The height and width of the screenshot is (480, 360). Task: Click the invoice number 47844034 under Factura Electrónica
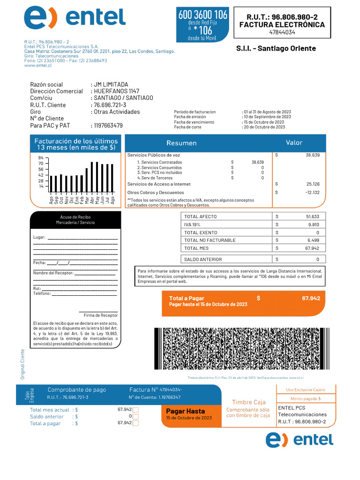(282, 32)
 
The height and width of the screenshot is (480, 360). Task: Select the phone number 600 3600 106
(203, 15)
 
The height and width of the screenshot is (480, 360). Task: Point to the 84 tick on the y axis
(41, 157)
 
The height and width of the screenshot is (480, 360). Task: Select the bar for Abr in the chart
(92, 177)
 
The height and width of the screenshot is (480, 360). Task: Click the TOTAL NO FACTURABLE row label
(210, 240)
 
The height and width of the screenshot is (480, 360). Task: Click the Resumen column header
(181, 143)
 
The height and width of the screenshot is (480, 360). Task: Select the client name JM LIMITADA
(111, 84)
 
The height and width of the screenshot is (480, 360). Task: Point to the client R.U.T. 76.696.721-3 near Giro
(110, 105)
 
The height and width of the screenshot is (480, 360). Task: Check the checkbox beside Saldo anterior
(135, 416)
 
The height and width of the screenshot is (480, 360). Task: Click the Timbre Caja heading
(248, 402)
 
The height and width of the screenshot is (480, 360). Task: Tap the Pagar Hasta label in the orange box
(186, 411)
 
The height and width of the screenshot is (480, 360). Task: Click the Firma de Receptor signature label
(100, 315)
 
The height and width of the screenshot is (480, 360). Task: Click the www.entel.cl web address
(38, 66)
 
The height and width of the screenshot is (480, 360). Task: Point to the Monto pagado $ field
(305, 398)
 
